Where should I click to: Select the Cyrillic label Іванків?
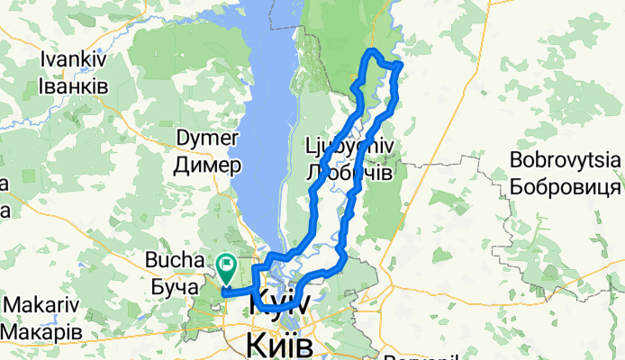pyautogui.click(x=75, y=85)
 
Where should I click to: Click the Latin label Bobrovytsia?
pyautogui.click(x=566, y=162)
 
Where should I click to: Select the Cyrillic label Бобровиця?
pyautogui.click(x=566, y=187)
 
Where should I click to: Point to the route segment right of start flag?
pyautogui.click(x=241, y=290)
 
